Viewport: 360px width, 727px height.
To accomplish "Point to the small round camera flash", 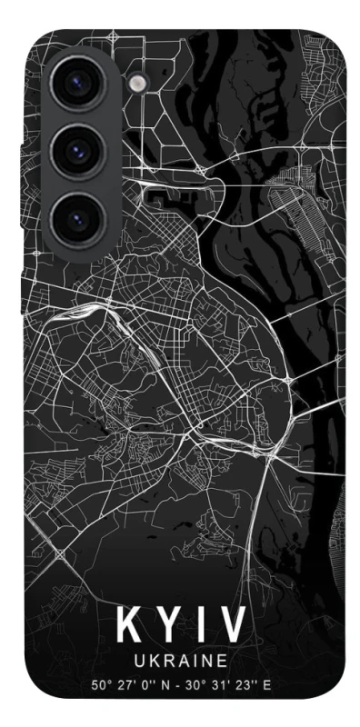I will [137, 84].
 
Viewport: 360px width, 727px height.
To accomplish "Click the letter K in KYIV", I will [127, 626].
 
